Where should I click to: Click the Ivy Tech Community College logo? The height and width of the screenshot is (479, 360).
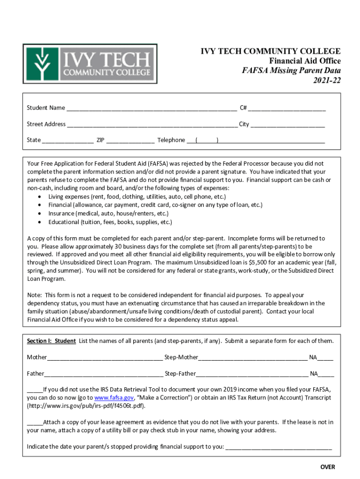pyautogui.click(x=90, y=64)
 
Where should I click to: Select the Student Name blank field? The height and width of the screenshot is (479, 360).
pyautogui.click(x=151, y=109)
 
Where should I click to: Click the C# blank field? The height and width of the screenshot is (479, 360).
pyautogui.click(x=287, y=109)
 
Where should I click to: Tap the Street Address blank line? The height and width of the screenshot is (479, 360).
pyautogui.click(x=151, y=125)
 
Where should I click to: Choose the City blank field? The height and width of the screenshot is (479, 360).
pyautogui.click(x=288, y=125)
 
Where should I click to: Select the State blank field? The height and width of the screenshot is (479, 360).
pyautogui.click(x=68, y=141)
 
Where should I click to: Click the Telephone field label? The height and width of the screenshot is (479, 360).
pyautogui.click(x=171, y=140)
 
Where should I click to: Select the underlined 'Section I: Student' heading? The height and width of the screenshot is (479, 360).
pyautogui.click(x=51, y=341)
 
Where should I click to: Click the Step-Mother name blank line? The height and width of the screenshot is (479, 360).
pyautogui.click(x=252, y=358)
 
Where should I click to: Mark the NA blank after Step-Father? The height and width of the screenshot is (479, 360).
pyautogui.click(x=326, y=374)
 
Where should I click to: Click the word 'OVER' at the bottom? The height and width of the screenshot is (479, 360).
pyautogui.click(x=327, y=467)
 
